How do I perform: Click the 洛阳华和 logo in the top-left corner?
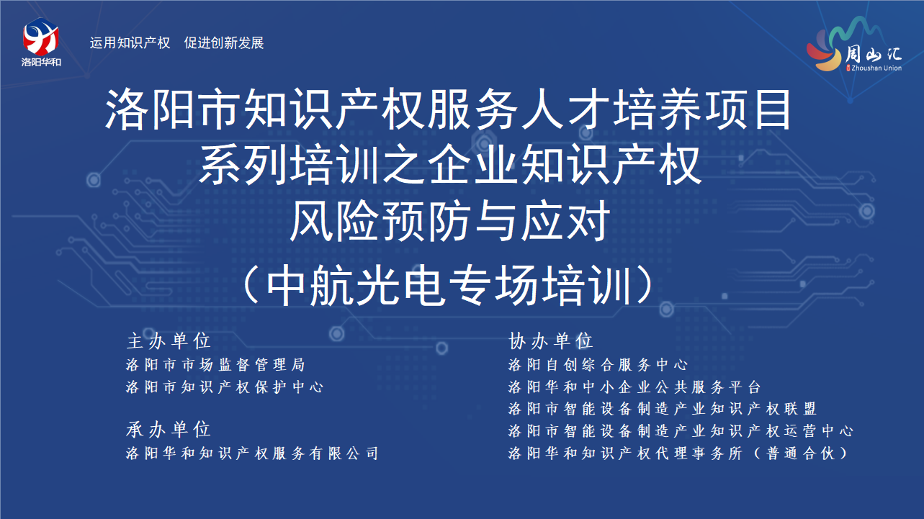click(41, 42)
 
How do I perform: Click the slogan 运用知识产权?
click(130, 43)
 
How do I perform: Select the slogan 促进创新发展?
click(224, 43)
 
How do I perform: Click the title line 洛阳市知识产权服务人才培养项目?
click(449, 110)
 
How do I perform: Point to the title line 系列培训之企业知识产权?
click(450, 165)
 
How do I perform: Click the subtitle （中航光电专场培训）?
click(449, 285)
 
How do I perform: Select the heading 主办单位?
click(169, 341)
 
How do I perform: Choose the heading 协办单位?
click(551, 341)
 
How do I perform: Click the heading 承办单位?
click(169, 429)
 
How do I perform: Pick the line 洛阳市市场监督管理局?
click(215, 364)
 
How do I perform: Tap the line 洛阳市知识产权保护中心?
click(225, 387)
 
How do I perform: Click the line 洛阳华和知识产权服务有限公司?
click(252, 453)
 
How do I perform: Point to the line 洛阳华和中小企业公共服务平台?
click(634, 387)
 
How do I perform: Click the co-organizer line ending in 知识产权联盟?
click(663, 409)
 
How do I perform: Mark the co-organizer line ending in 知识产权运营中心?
click(681, 430)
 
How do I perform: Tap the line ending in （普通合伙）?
click(679, 453)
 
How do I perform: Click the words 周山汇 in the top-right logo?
click(874, 54)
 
